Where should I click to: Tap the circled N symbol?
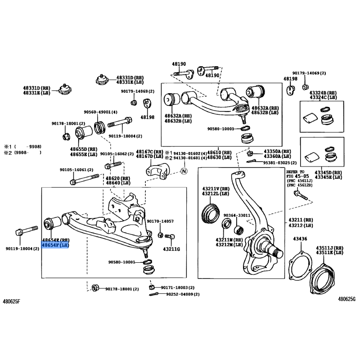click(x=184, y=171)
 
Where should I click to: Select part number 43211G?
click(x=171, y=249)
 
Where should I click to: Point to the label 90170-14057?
click(x=160, y=221)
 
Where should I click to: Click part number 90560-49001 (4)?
click(x=100, y=112)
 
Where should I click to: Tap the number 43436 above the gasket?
click(x=300, y=238)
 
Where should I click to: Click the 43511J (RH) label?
click(x=329, y=248)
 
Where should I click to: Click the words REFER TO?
click(x=296, y=172)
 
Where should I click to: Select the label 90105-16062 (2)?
click(x=117, y=154)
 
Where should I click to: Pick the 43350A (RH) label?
click(x=278, y=152)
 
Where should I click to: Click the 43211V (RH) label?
click(x=216, y=189)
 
